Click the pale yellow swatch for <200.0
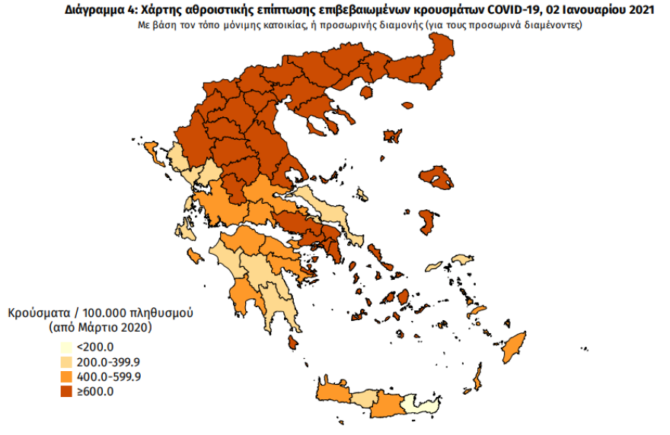pos(66,347)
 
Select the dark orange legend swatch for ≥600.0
pos(66,392)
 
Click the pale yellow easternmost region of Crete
pos(418,404)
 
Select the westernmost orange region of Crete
pos(332,390)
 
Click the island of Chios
pos(428,222)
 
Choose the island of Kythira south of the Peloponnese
pos(291,343)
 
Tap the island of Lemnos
pos(393,136)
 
